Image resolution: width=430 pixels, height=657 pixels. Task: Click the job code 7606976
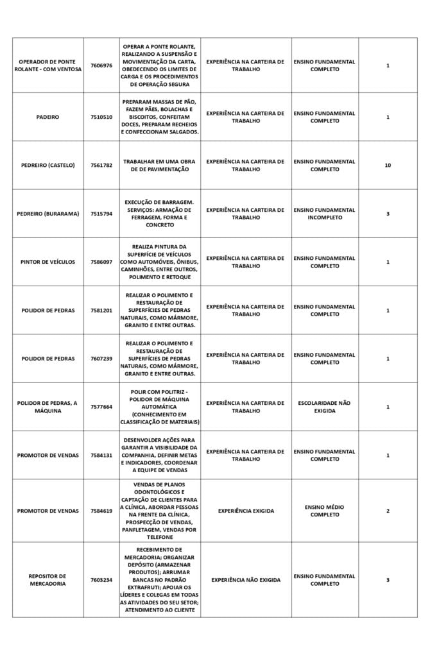(x=101, y=65)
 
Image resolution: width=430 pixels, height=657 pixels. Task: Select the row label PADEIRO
(x=48, y=117)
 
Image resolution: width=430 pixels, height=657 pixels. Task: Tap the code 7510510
(x=101, y=117)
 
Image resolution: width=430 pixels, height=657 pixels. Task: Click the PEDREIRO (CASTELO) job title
(x=48, y=166)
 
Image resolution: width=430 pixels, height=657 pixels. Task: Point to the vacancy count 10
(x=388, y=166)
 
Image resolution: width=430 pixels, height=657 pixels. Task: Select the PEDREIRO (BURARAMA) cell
(x=48, y=214)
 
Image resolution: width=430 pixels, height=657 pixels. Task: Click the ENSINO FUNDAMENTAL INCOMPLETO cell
(x=325, y=214)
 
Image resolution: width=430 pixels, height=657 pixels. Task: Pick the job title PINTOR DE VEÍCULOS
(x=48, y=262)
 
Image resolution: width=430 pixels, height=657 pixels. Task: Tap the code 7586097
(x=101, y=262)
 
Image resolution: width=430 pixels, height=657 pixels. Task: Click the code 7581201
(x=101, y=311)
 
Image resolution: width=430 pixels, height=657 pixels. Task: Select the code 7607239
(x=101, y=359)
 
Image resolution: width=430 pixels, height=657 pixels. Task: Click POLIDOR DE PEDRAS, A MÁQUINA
(x=48, y=407)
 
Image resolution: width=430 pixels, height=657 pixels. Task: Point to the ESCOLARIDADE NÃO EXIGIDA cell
(x=325, y=407)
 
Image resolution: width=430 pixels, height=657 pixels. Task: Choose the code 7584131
(x=101, y=456)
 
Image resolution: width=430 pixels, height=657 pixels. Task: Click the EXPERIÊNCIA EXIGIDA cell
(x=246, y=511)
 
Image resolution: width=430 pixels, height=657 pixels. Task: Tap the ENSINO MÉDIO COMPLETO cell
(x=325, y=511)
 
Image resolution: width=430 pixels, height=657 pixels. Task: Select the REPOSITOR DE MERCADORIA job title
(x=48, y=580)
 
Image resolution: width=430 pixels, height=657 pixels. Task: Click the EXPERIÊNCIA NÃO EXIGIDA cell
(x=246, y=580)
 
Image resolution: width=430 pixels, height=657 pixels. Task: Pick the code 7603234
(x=101, y=580)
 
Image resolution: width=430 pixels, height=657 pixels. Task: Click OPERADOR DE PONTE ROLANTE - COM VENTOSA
(x=48, y=65)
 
